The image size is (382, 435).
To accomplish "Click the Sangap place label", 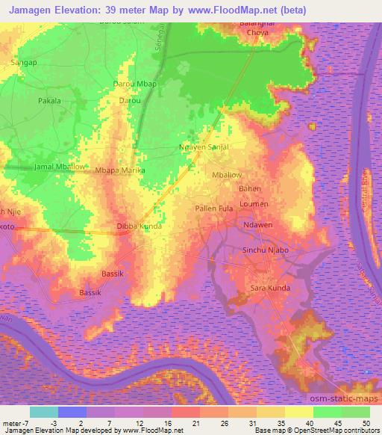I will pos(23,64).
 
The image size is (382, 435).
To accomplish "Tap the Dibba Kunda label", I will pos(139,225).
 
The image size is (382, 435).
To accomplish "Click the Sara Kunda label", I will pos(269,288).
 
